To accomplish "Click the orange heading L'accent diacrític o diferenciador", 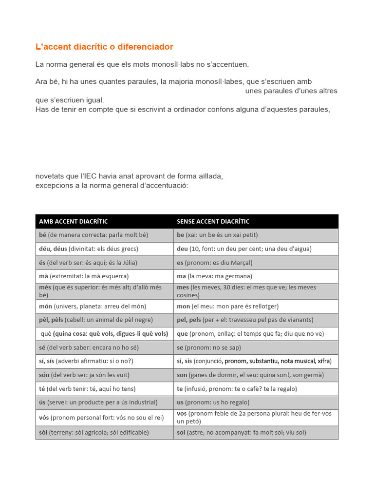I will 104,47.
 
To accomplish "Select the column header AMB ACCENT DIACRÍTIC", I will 74,222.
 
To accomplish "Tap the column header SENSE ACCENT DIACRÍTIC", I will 213,222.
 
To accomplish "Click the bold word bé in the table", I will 42,235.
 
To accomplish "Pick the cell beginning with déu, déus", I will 89,249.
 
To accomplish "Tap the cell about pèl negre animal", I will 96,320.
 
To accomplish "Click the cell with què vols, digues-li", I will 105,334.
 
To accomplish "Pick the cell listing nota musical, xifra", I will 254,361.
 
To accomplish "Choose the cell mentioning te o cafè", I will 237,389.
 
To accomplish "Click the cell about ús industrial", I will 98,403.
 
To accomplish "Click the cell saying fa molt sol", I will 242,432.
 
